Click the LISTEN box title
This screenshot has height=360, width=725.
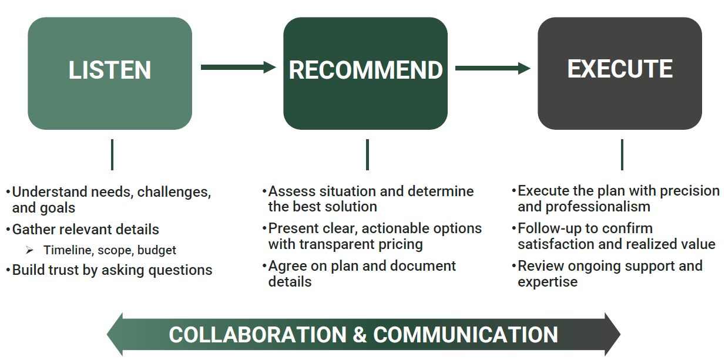pos(110,70)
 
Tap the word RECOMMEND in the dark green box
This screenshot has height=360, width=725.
pos(366,70)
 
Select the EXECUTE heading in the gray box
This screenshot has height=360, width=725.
pos(620,69)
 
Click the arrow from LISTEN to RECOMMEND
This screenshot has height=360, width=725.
pos(238,68)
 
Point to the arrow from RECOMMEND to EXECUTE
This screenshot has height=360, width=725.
pos(493,68)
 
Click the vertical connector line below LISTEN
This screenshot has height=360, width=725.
pos(112,154)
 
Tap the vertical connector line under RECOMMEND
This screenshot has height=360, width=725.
pos(367,154)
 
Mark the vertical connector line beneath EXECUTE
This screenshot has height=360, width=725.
pos(622,154)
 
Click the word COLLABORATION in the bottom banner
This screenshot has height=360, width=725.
pos(258,335)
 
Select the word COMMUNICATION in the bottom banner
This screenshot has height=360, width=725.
pos(466,335)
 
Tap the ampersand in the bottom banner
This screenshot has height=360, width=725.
pos(360,335)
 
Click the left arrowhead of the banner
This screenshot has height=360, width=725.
pos(115,334)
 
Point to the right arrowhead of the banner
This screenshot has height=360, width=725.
pos(612,334)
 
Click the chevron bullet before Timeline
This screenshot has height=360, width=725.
pos(29,250)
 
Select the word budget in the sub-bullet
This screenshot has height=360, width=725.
pos(157,250)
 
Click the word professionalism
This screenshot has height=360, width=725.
pos(598,207)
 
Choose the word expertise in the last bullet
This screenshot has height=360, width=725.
pos(548,282)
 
